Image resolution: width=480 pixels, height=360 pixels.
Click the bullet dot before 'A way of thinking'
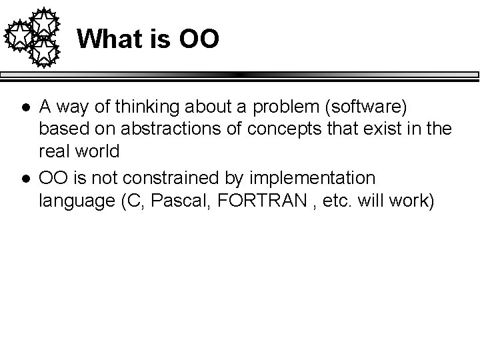point(24,107)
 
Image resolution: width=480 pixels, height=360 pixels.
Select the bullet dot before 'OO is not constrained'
point(24,179)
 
